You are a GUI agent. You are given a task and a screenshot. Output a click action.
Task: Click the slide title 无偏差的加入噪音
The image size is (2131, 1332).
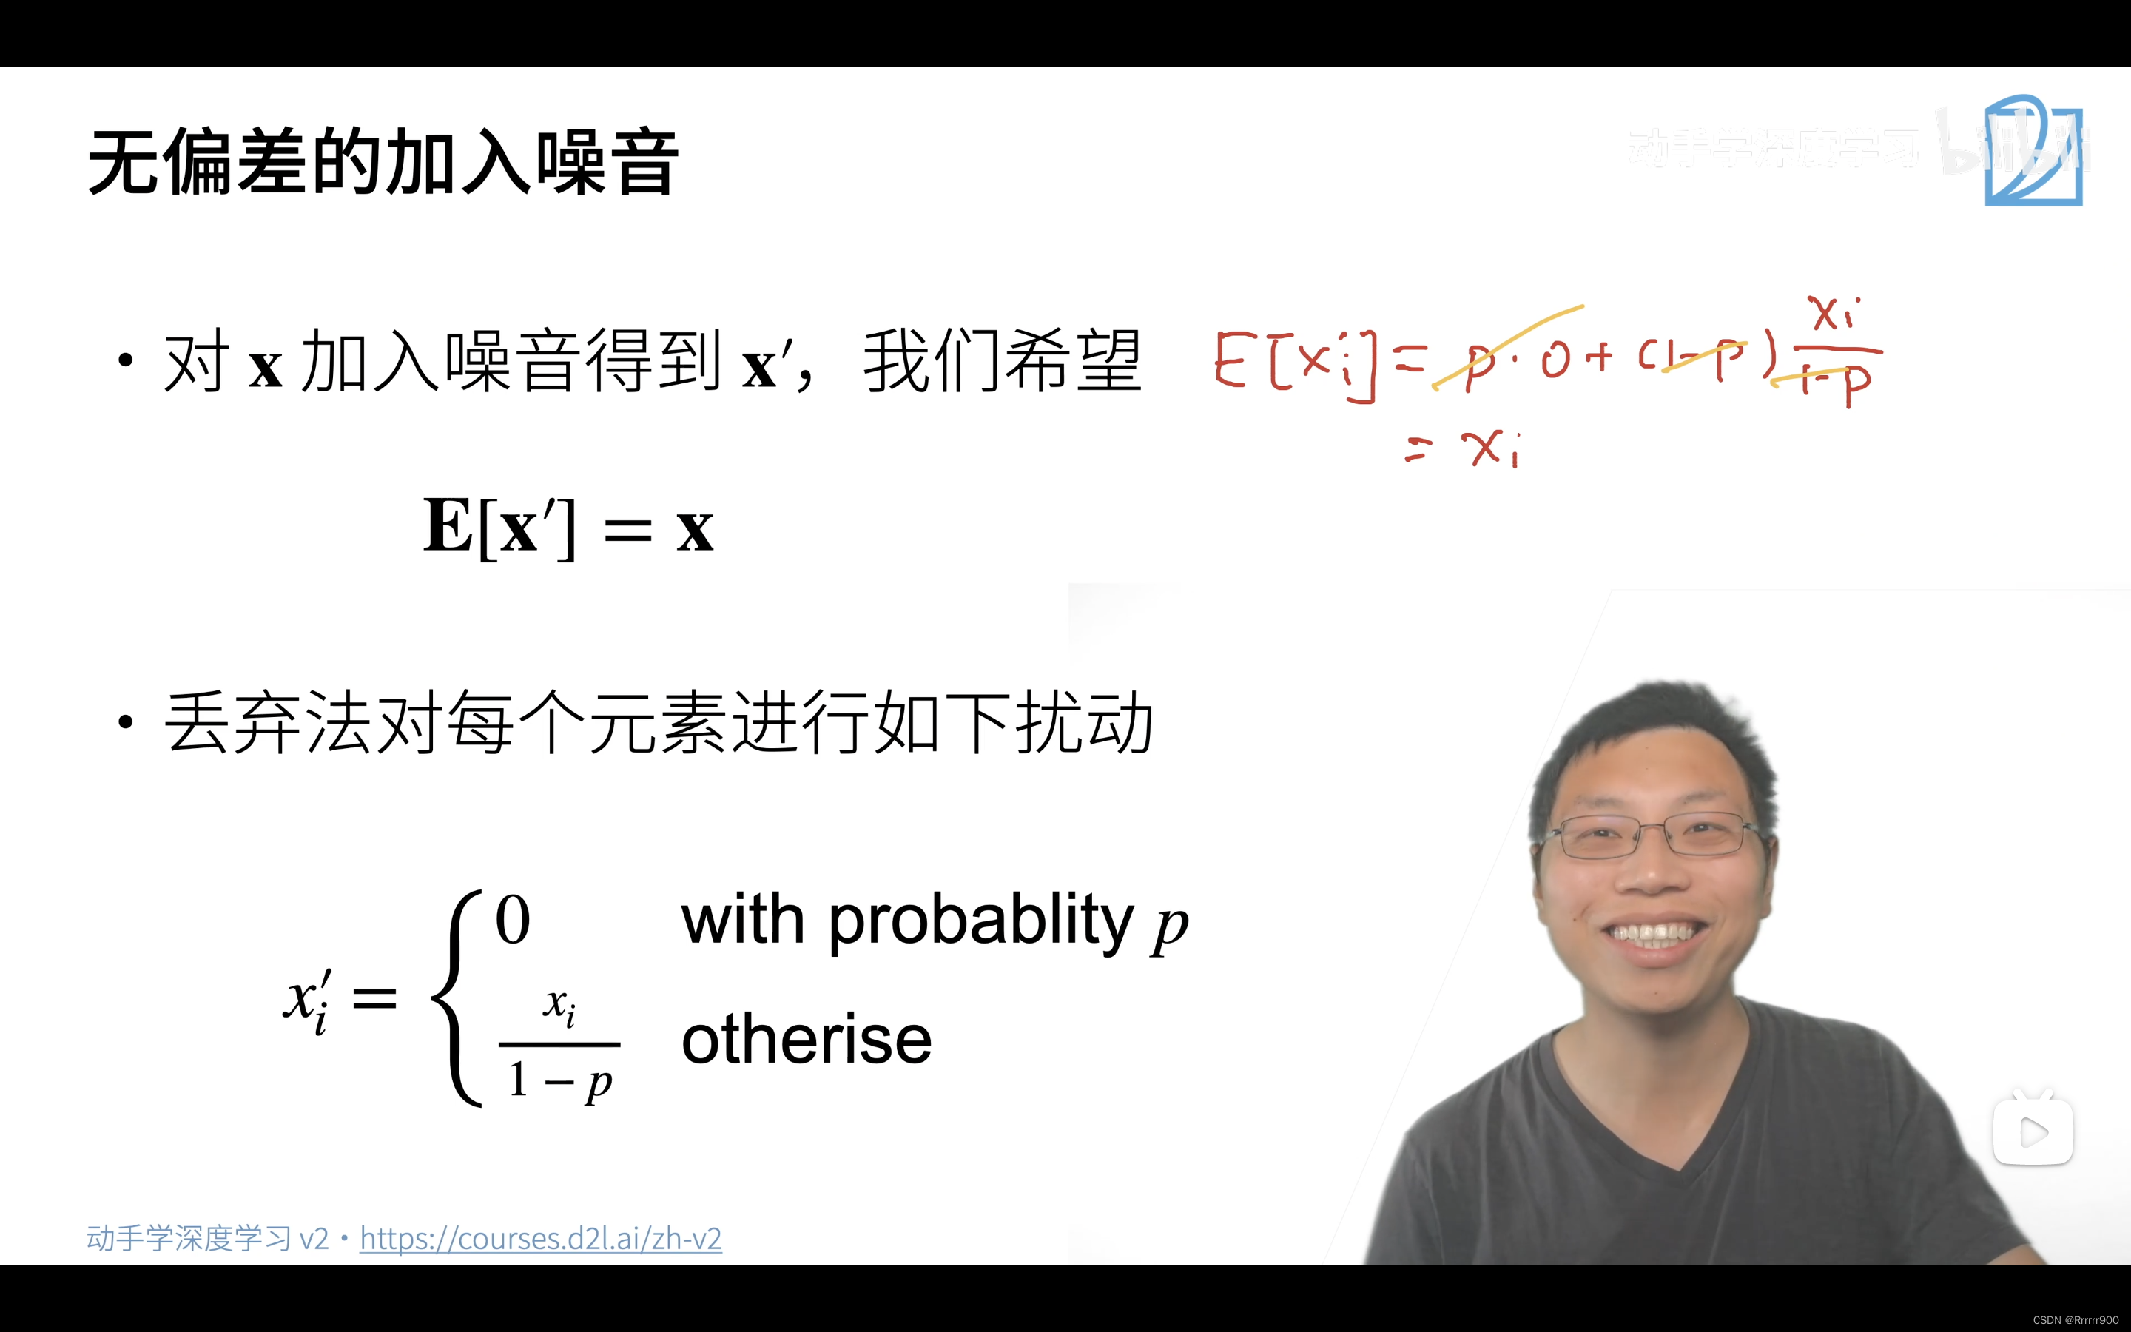pyautogui.click(x=383, y=162)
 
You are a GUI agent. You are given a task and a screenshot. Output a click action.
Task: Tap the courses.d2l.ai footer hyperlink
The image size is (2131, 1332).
pyautogui.click(x=540, y=1239)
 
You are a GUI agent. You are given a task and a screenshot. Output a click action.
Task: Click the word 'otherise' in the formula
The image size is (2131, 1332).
pyautogui.click(x=806, y=1040)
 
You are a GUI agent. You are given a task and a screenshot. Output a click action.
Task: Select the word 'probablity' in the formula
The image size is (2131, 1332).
pyautogui.click(x=981, y=921)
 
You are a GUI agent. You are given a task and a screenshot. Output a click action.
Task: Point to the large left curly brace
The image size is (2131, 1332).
pyautogui.click(x=458, y=998)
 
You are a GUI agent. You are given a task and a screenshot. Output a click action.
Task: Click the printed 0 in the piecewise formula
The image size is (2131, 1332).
pyautogui.click(x=513, y=921)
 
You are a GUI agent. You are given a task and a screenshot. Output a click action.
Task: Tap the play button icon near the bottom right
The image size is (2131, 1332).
pyautogui.click(x=2033, y=1132)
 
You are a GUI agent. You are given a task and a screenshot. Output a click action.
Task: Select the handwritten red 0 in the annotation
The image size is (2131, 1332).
pyautogui.click(x=1555, y=360)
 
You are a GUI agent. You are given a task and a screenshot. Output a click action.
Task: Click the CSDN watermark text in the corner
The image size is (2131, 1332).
pyautogui.click(x=2076, y=1319)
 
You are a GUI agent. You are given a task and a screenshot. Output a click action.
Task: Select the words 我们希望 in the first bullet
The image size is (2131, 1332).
pyautogui.click(x=1002, y=361)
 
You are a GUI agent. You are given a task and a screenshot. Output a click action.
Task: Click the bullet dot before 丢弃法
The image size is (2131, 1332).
pyautogui.click(x=126, y=722)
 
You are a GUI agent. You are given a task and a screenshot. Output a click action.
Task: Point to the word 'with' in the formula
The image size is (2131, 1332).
pyautogui.click(x=742, y=921)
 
